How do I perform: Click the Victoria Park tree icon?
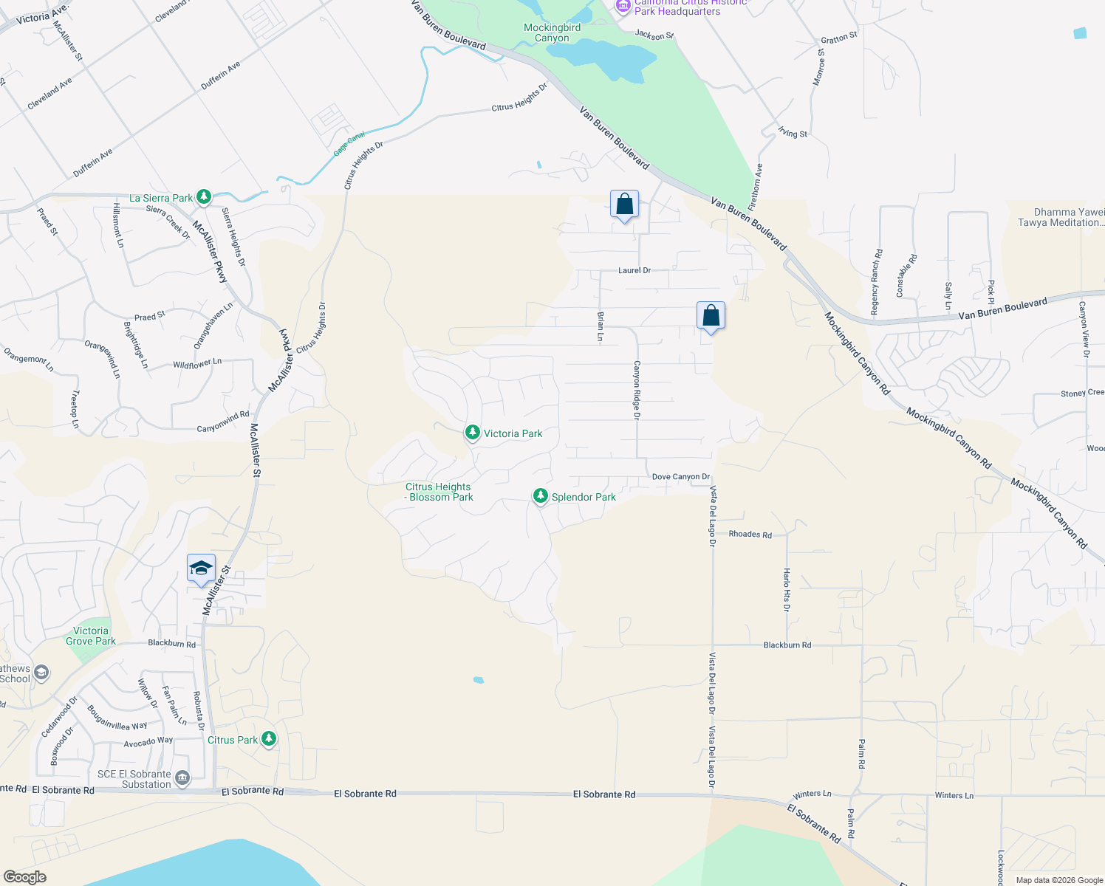pos(473,433)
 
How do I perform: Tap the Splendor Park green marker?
pos(541,496)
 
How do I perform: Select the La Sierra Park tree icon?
pos(204,197)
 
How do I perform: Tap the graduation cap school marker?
pos(201,569)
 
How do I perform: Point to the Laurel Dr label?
pos(634,270)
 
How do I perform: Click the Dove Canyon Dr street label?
pos(680,477)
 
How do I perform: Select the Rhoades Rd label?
pos(750,535)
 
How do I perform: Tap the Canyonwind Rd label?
pos(223,422)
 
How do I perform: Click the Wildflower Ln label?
pos(197,364)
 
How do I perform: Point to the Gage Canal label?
pos(349,143)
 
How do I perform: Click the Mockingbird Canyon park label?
pos(552,33)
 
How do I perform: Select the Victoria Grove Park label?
pos(91,636)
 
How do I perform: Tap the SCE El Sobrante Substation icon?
pos(182,777)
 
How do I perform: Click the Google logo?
pos(24,877)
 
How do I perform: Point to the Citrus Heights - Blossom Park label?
pos(439,492)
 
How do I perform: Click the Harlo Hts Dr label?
pos(787,589)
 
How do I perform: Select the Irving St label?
pos(793,133)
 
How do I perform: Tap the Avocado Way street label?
pos(148,741)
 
